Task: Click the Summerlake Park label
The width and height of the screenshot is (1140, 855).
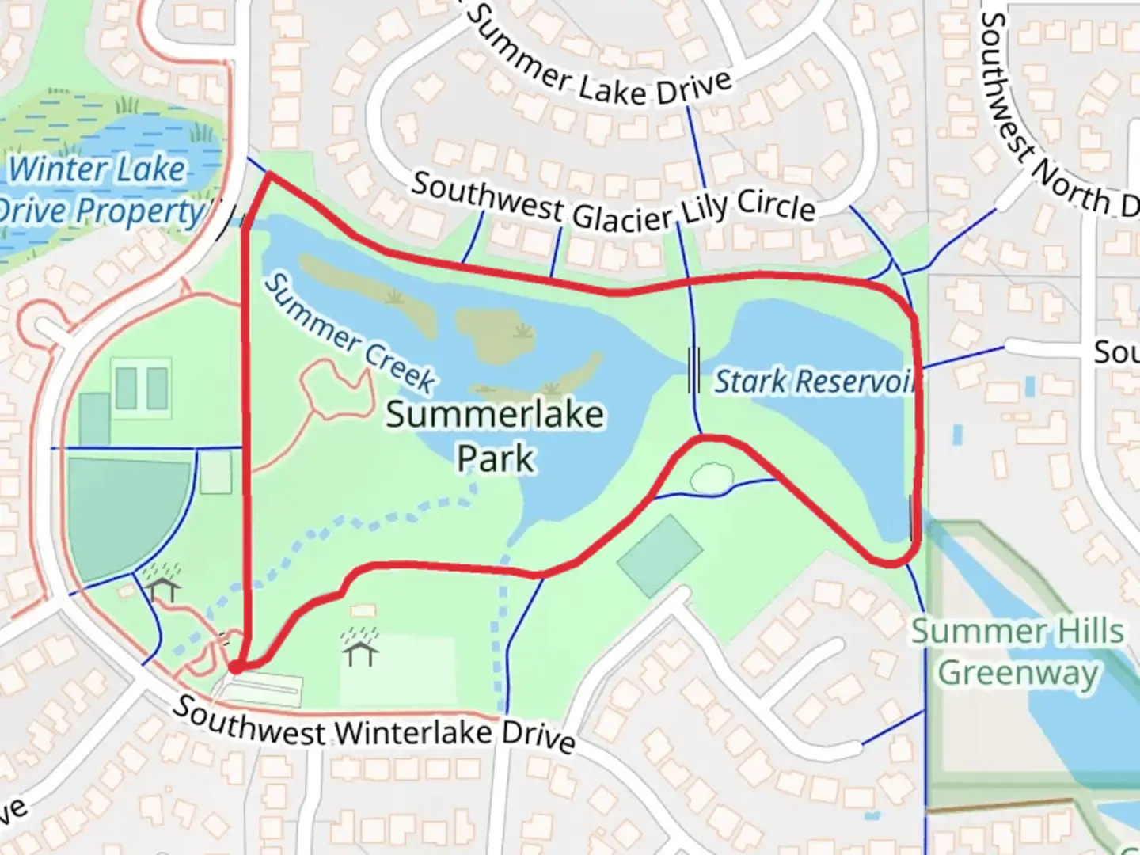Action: click(x=496, y=436)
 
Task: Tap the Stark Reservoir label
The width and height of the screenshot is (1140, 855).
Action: click(x=815, y=382)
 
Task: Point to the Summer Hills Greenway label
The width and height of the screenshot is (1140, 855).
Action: click(x=1017, y=652)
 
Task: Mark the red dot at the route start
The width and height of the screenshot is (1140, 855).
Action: click(x=235, y=668)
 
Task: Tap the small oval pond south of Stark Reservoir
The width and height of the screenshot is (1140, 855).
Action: click(x=712, y=477)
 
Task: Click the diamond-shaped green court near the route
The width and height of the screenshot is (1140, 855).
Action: click(x=659, y=555)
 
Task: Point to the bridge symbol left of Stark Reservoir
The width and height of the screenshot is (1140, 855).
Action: click(x=693, y=370)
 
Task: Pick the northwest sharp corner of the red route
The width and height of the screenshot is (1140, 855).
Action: click(x=269, y=174)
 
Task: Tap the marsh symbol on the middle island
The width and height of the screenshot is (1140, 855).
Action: click(x=520, y=331)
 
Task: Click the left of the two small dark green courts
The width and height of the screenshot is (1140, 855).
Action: click(x=125, y=389)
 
